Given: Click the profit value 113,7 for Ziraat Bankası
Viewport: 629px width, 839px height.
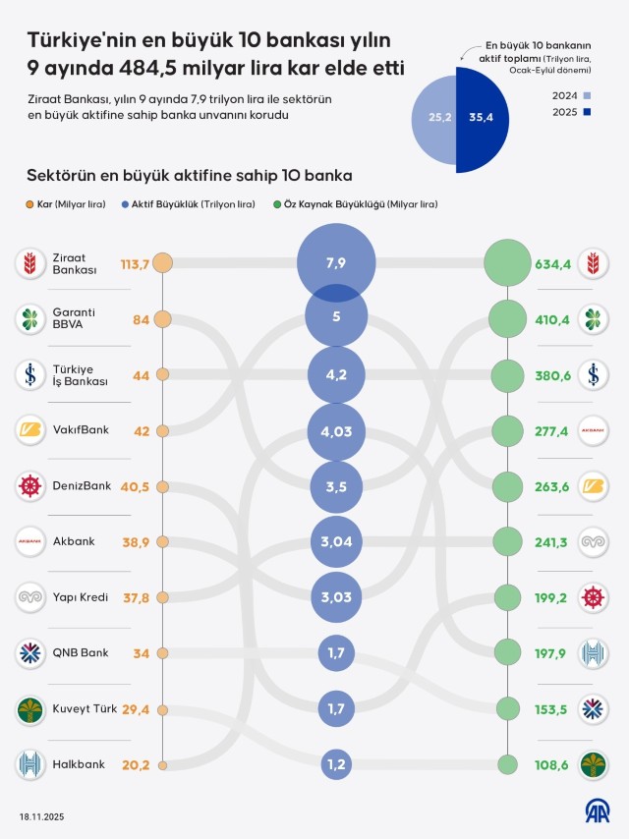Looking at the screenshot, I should (x=134, y=263).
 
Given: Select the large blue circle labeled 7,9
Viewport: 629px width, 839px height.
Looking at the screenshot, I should (x=336, y=263).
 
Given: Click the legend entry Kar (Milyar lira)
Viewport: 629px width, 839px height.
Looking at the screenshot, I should (x=69, y=204).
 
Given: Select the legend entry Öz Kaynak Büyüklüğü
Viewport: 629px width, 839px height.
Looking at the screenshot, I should (x=350, y=204).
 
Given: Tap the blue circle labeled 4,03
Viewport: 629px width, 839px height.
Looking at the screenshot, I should (x=336, y=430).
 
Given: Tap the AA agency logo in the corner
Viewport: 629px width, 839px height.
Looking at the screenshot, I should (x=598, y=811).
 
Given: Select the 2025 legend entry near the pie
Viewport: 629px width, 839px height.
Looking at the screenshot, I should (x=578, y=113).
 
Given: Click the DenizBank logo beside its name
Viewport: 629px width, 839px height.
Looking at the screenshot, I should (x=30, y=485).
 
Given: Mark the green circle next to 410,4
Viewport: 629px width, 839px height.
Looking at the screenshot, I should (x=507, y=319).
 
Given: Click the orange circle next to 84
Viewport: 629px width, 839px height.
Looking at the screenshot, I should (x=162, y=319).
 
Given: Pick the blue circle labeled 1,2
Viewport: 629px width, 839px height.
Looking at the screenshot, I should (x=336, y=764).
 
